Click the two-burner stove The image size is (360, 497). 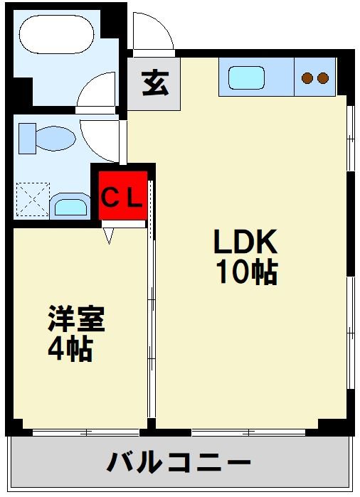click(315, 77)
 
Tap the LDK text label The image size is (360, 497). click(245, 244)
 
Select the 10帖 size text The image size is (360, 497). click(246, 272)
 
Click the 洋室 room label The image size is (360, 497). click(76, 319)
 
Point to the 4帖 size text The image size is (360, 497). click(71, 349)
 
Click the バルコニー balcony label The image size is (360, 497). click(179, 464)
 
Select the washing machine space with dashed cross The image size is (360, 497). click(31, 198)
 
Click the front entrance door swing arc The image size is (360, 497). click(153, 33)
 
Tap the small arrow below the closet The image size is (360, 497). click(109, 235)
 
